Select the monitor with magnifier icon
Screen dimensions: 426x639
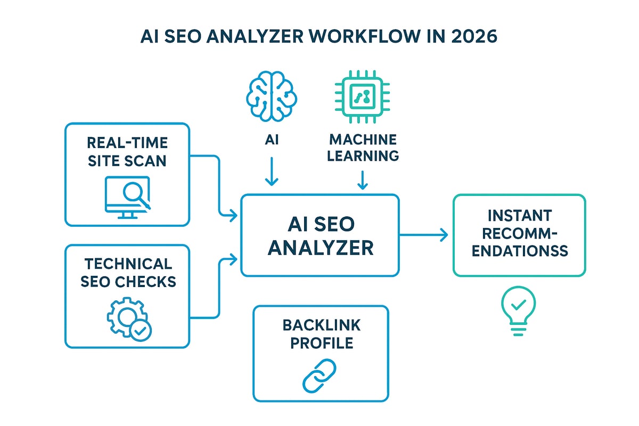[x=128, y=196]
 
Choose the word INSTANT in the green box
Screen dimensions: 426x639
[x=519, y=216]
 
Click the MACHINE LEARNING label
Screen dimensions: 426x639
[x=363, y=148]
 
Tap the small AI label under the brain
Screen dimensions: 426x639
[x=272, y=140]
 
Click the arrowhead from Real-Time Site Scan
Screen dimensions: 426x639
[x=233, y=216]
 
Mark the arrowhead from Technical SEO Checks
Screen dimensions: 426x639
[x=233, y=259]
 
